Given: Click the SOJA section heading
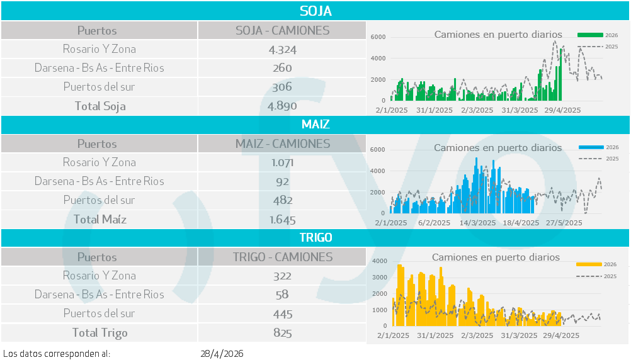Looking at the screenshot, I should click(315, 11).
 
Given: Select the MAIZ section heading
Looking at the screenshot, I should click(315, 124).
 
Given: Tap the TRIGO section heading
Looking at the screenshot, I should click(315, 237).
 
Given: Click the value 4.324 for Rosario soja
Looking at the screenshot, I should click(282, 49).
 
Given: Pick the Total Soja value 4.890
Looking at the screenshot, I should click(282, 106).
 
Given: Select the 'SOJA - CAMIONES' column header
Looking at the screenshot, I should click(282, 30).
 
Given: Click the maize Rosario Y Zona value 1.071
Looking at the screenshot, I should click(282, 162).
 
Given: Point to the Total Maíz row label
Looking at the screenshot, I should click(99, 219).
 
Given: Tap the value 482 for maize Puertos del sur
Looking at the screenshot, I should click(282, 200).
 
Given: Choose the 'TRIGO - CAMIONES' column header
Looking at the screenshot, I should click(282, 257).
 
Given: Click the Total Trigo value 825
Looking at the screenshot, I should click(282, 333).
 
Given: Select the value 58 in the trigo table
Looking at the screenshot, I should click(282, 295).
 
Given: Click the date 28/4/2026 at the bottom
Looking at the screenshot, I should click(222, 354).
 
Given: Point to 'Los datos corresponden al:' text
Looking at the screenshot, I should click(57, 354).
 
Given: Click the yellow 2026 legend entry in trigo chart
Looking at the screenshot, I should click(596, 265).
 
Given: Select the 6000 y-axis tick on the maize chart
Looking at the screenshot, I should click(378, 149).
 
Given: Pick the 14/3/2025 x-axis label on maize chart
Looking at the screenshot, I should click(477, 223).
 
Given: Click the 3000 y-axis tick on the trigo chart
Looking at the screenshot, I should click(380, 277).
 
